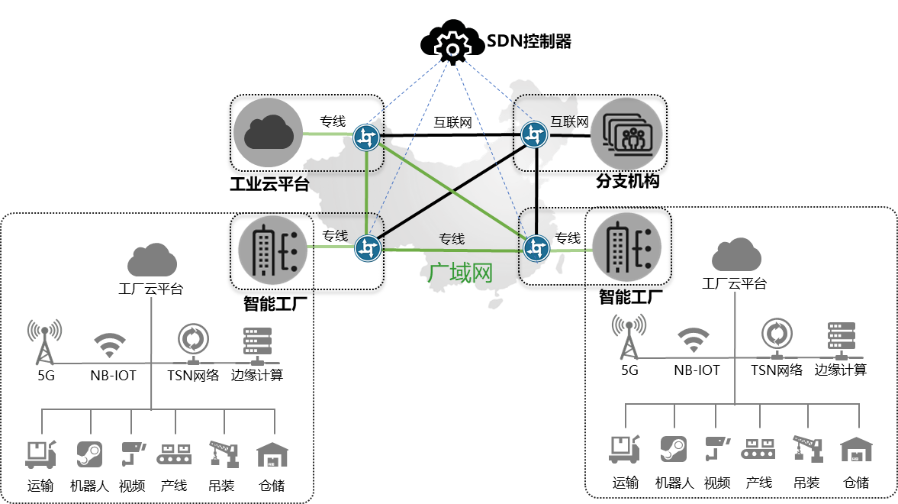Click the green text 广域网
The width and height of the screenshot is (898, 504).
(460, 273)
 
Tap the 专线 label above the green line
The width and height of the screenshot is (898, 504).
(452, 238)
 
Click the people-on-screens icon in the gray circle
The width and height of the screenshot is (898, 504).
(627, 134)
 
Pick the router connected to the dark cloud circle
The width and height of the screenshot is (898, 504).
(367, 138)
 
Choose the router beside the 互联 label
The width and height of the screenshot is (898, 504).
(535, 135)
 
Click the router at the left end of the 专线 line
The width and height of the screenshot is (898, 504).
(368, 248)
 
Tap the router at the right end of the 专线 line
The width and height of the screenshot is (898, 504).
(536, 247)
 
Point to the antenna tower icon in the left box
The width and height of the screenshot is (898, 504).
(44, 341)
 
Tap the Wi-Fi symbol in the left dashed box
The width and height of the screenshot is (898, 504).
(110, 346)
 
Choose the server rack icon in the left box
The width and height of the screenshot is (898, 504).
(253, 344)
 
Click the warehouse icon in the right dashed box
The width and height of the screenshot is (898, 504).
(856, 449)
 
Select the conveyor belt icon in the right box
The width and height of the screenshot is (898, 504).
(758, 448)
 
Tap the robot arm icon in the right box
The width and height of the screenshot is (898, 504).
(807, 448)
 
